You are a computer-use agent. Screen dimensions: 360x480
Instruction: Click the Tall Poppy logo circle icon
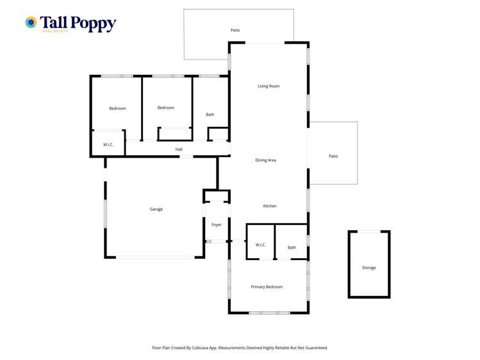click(x=31, y=22)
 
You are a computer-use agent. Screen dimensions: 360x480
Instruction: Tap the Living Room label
click(x=269, y=86)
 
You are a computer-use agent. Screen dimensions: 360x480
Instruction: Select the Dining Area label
click(x=265, y=160)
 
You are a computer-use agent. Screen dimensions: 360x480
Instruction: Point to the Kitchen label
click(x=270, y=206)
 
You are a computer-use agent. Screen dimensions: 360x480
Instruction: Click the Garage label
click(x=156, y=209)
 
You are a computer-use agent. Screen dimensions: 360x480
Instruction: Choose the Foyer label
click(x=217, y=225)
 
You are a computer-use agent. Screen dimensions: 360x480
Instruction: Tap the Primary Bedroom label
click(x=267, y=287)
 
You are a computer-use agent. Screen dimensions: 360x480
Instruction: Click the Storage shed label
click(x=368, y=268)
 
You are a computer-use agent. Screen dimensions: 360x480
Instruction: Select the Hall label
click(x=179, y=149)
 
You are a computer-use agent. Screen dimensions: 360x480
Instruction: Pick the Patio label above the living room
click(x=235, y=30)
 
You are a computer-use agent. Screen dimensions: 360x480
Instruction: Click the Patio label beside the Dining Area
click(x=333, y=156)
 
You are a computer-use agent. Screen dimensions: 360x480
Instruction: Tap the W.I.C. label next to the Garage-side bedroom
click(x=108, y=145)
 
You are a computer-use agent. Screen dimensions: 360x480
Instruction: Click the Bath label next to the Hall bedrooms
click(x=210, y=115)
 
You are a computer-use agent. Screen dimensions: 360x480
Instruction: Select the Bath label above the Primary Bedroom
click(x=292, y=247)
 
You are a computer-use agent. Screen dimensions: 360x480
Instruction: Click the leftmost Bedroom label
click(x=117, y=108)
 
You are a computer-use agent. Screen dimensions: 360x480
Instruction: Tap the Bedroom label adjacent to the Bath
click(x=166, y=108)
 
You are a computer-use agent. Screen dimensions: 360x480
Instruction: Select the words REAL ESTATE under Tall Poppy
click(x=54, y=31)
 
